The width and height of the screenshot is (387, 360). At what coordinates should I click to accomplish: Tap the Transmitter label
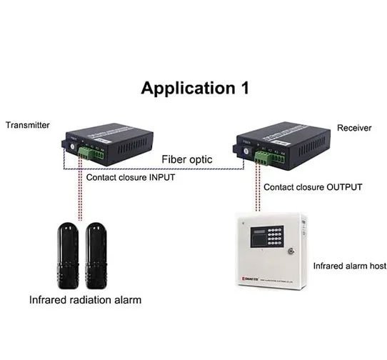(28, 125)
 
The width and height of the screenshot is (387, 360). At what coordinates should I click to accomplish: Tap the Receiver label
(354, 128)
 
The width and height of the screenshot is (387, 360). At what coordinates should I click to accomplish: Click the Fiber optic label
(186, 159)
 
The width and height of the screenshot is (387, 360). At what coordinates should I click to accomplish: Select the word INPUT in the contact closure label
(157, 176)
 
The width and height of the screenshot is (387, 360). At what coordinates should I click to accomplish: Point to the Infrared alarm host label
(350, 266)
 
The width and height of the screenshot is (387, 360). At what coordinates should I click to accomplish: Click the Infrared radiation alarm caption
(85, 300)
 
